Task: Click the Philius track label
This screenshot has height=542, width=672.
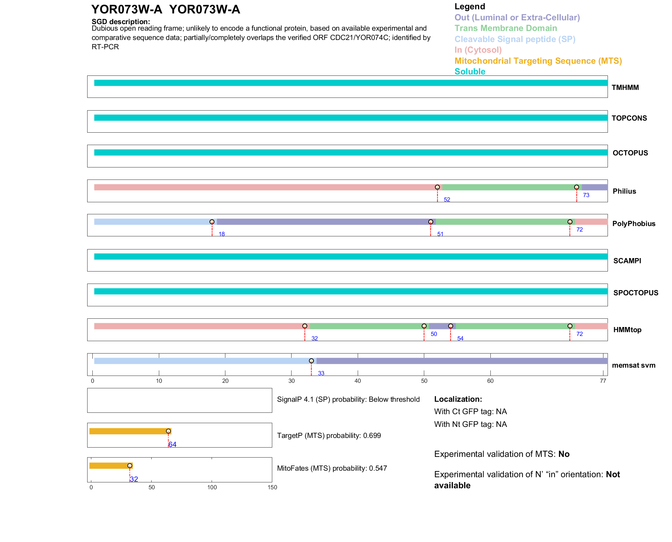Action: pyautogui.click(x=624, y=191)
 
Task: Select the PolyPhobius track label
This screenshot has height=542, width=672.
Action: pyautogui.click(x=633, y=224)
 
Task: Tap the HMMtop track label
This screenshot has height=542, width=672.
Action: pyautogui.click(x=627, y=330)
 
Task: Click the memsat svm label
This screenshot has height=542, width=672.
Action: pyautogui.click(x=633, y=365)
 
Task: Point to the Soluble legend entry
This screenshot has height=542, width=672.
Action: pyautogui.click(x=470, y=72)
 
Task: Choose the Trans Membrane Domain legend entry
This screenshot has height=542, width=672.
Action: pyautogui.click(x=506, y=28)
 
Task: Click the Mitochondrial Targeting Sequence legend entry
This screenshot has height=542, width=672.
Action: pyautogui.click(x=538, y=61)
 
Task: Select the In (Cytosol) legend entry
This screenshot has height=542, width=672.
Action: pyautogui.click(x=478, y=50)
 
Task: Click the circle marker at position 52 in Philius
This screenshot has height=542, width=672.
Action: pyautogui.click(x=437, y=187)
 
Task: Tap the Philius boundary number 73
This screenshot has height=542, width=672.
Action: pyautogui.click(x=586, y=195)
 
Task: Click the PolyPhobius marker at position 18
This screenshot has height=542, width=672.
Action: pyautogui.click(x=212, y=222)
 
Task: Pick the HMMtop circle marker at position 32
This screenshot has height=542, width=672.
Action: pyautogui.click(x=305, y=326)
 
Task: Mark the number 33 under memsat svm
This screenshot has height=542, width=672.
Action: pyautogui.click(x=321, y=374)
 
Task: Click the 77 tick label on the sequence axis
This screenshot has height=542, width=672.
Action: pyautogui.click(x=603, y=381)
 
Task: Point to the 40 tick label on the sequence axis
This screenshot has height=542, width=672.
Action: pyautogui.click(x=358, y=381)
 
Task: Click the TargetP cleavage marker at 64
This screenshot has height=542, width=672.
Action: pyautogui.click(x=168, y=431)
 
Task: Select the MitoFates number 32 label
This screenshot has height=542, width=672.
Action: pyautogui.click(x=134, y=479)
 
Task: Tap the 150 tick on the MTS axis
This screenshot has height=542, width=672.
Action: pyautogui.click(x=272, y=487)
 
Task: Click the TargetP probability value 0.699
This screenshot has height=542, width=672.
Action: pyautogui.click(x=372, y=436)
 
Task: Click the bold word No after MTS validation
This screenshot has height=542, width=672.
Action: pyautogui.click(x=564, y=454)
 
